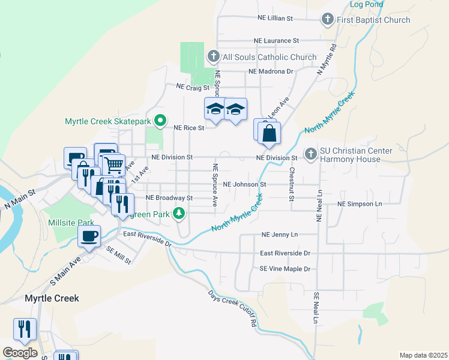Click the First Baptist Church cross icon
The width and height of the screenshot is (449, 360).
pyautogui.click(x=328, y=20)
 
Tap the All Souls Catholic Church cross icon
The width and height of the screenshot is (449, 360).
pyautogui.click(x=213, y=57)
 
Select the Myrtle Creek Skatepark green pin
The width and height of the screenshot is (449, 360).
pyautogui.click(x=160, y=121)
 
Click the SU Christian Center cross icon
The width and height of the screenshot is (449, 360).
pyautogui.click(x=311, y=154)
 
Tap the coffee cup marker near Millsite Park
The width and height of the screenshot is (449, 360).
pyautogui.click(x=89, y=236)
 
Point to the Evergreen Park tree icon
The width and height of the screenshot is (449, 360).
pyautogui.click(x=179, y=213)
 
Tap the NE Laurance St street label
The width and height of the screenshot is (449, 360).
pyautogui.click(x=276, y=41)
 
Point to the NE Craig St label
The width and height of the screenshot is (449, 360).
pyautogui.click(x=192, y=87)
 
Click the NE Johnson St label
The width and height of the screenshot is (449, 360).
pyautogui.click(x=244, y=185)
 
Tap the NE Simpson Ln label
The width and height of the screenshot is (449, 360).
pyautogui.click(x=360, y=204)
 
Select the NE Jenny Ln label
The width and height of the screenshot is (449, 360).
pyautogui.click(x=280, y=235)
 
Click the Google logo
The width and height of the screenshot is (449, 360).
pyautogui.click(x=20, y=352)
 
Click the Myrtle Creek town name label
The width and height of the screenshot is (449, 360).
pyautogui.click(x=52, y=298)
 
